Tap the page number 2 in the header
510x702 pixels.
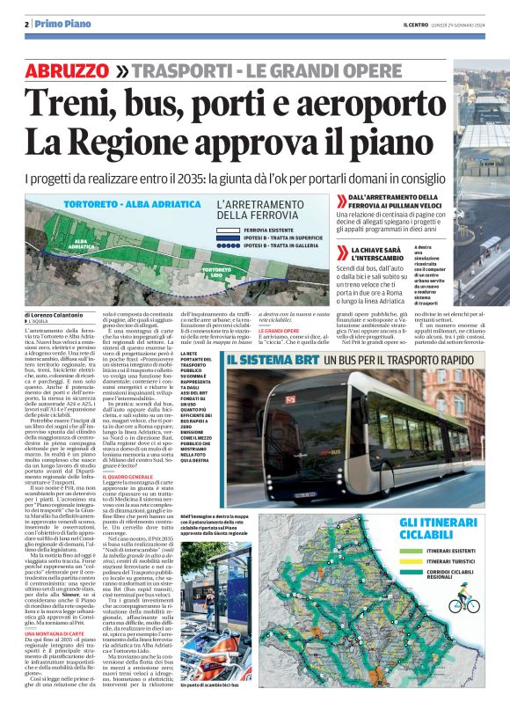pos(27,24)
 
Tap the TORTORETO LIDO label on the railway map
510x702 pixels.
pos(215,272)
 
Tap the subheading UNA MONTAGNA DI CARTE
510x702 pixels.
pos(52,584)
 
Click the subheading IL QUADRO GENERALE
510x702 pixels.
pos(128,477)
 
